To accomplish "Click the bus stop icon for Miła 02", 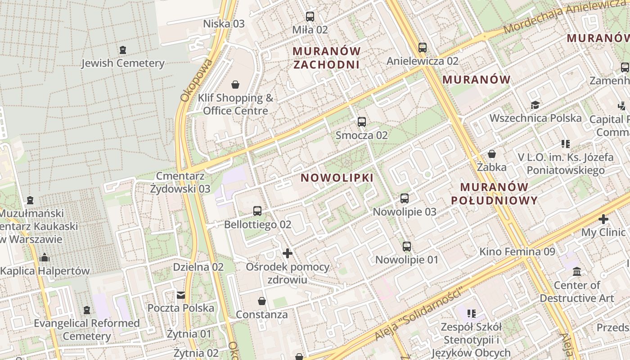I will pos(310,17).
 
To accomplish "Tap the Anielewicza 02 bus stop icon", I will pos(422,47).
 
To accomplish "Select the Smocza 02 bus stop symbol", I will pos(361,121).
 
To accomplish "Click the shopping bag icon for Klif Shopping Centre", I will pos(235,85).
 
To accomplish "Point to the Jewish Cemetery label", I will pos(122,63).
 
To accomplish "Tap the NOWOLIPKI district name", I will pos(337,178).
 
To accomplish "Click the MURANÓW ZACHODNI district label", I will pos(327,58).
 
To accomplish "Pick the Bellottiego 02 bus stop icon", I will pos(257,211).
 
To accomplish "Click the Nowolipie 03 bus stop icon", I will pos(405,198).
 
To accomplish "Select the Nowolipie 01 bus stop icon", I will pos(407,246).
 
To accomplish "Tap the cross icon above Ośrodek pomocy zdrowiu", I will pos(288,253).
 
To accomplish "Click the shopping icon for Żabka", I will pos(492,154).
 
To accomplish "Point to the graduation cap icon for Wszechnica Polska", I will pos(535,105).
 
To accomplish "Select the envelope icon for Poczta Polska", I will pos(181,295).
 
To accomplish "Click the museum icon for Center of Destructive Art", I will pos(577,272).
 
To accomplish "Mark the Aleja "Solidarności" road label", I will pos(418,314).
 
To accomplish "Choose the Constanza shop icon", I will pos(262,301).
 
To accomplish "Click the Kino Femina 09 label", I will pos(517,252).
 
